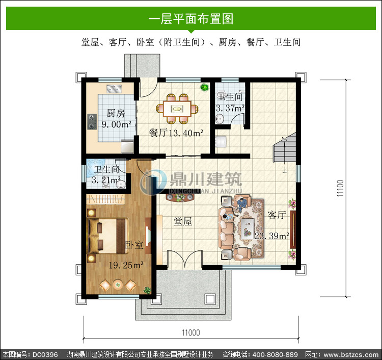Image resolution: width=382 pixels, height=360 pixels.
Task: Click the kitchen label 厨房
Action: click(116, 113)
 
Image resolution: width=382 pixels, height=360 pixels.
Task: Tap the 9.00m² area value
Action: click(117, 124)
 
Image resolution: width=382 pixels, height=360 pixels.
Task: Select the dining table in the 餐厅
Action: click(177, 109)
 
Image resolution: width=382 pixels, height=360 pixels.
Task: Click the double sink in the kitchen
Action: click(114, 89)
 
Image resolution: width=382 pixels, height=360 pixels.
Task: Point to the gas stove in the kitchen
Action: click(92, 122)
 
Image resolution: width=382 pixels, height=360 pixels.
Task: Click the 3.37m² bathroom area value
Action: click(230, 108)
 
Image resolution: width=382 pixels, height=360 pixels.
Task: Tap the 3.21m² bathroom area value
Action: click(106, 180)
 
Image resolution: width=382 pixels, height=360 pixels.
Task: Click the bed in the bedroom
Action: click(107, 236)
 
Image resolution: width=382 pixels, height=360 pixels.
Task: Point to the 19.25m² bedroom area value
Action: click(126, 265)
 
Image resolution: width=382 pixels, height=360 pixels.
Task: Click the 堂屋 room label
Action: click(183, 222)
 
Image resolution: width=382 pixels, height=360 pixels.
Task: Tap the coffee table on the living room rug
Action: click(247, 228)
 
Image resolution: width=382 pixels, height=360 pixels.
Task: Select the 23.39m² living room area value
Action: click(272, 236)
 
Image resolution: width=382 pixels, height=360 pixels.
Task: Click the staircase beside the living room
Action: click(285, 148)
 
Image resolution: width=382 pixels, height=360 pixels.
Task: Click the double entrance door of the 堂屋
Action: click(185, 259)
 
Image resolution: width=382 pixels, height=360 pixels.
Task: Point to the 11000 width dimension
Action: click(191, 332)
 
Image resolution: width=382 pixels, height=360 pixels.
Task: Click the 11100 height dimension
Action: click(340, 188)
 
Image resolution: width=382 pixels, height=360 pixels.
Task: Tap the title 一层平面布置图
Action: click(191, 19)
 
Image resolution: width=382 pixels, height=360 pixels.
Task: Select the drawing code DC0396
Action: click(45, 354)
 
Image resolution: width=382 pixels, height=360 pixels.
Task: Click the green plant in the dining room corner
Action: click(204, 87)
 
